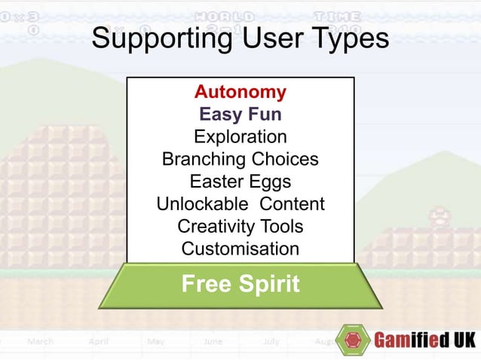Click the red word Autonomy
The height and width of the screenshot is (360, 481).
click(240, 93)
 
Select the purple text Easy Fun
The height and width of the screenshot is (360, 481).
click(240, 114)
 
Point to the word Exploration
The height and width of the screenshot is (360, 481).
click(240, 137)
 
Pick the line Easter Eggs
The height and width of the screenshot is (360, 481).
click(240, 182)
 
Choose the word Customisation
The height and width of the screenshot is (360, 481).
click(240, 249)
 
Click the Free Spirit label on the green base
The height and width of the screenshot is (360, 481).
click(240, 285)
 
